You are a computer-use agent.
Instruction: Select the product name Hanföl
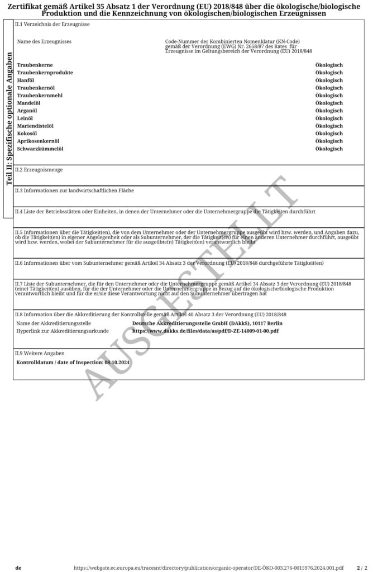[26, 80]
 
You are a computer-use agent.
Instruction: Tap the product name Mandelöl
[28, 103]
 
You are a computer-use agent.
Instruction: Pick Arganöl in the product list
[27, 111]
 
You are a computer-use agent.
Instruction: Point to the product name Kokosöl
[27, 134]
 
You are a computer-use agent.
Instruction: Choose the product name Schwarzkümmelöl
[40, 149]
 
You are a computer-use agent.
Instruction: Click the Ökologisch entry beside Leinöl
[329, 118]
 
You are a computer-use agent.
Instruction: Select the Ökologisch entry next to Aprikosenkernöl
[329, 141]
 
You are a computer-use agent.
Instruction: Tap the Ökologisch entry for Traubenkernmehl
[329, 96]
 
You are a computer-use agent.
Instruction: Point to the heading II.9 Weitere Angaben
[40, 354]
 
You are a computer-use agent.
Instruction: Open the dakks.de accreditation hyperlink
[205, 331]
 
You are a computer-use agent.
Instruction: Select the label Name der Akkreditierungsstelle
[54, 323]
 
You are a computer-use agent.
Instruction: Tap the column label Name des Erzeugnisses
[44, 42]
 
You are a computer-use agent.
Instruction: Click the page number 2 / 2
[362, 568]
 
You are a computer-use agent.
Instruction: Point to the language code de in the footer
[18, 568]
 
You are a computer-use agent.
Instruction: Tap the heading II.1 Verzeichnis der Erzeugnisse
[52, 25]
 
